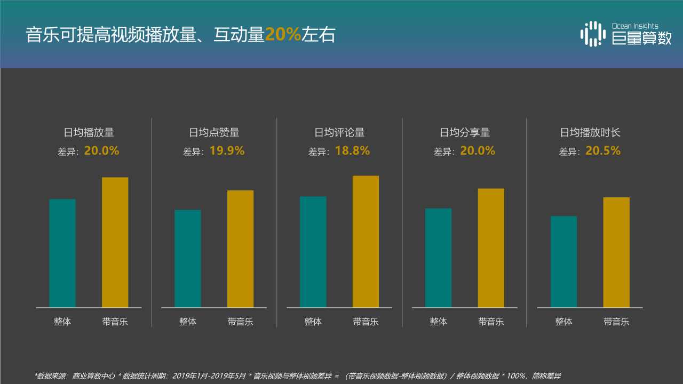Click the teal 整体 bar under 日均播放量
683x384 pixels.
(x=62, y=253)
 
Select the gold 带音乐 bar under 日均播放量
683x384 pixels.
(x=115, y=242)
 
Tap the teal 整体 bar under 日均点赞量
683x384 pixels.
(x=188, y=258)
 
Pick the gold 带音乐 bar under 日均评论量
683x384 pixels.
(x=366, y=241)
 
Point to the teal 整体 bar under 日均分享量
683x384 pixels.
(x=438, y=258)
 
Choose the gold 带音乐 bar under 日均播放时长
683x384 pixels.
(x=616, y=252)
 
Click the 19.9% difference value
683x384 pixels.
(x=227, y=151)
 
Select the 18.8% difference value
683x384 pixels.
(x=352, y=151)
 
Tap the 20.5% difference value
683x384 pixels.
(x=603, y=151)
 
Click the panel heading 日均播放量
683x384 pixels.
(x=89, y=132)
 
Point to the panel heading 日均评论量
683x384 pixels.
(x=339, y=132)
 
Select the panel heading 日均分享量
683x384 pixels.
(x=465, y=132)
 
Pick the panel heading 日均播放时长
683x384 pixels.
(x=590, y=132)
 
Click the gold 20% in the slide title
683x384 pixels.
(x=283, y=35)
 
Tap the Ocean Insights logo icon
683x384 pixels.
(x=593, y=34)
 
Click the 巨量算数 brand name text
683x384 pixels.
(x=641, y=38)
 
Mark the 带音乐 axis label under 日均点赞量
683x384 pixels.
(x=240, y=322)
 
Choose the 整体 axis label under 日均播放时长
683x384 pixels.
(x=563, y=322)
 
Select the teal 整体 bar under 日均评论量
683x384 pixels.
(x=313, y=252)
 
